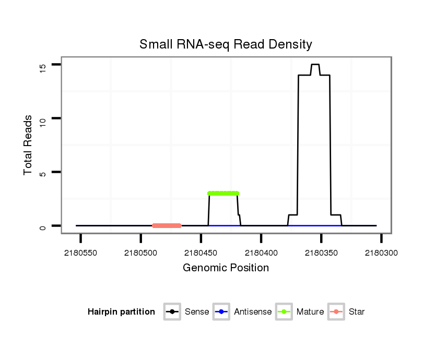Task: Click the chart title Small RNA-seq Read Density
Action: pos(226,44)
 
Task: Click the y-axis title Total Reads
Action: pos(29,145)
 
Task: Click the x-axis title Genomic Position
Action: pos(226,268)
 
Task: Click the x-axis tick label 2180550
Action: pos(80,253)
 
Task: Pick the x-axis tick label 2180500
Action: pos(141,253)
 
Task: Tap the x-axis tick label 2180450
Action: pos(201,253)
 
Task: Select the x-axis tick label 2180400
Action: pos(261,253)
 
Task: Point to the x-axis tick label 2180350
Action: pos(321,253)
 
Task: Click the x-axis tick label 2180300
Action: pos(381,253)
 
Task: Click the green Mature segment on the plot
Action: pos(223,193)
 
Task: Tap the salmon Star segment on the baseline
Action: pos(167,225)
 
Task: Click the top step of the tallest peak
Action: pos(315,65)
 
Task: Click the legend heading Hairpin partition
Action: pos(121,312)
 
